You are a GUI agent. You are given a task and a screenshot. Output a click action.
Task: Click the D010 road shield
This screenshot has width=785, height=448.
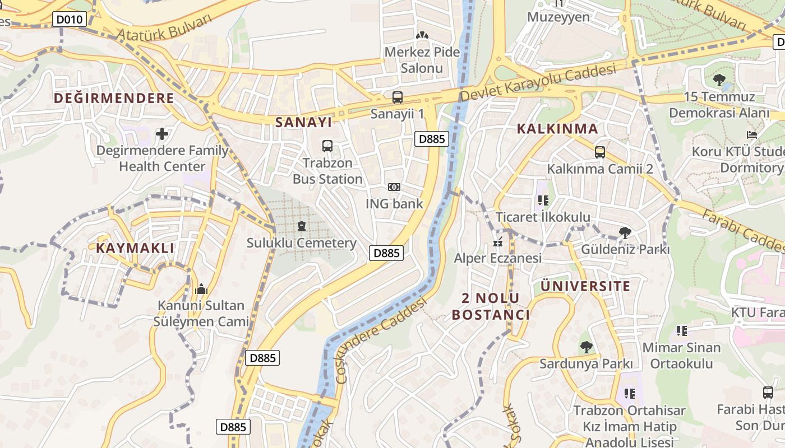pos(70,20)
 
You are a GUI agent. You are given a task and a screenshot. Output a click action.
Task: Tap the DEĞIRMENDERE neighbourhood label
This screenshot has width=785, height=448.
pos(114,99)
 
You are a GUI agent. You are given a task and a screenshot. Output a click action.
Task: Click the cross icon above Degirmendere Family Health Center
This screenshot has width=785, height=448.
pos(162,134)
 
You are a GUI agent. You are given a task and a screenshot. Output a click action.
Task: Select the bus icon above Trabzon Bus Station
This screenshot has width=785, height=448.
pos(327,146)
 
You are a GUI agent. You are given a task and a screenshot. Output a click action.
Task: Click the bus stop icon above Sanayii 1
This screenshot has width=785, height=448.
pos(397,97)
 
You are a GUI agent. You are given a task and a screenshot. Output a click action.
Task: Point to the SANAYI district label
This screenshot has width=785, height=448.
pos(303,122)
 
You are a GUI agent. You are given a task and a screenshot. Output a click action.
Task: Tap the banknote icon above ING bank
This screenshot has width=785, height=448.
pos(394,187)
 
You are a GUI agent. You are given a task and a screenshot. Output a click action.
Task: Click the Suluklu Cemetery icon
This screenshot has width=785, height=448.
pos(302,226)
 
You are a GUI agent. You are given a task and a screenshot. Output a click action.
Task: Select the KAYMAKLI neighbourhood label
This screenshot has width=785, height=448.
pos(135,248)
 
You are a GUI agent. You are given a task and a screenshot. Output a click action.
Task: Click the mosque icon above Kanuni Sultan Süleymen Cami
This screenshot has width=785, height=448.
pos(201,289)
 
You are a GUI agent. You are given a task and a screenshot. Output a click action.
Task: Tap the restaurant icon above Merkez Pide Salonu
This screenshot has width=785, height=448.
pos(422,35)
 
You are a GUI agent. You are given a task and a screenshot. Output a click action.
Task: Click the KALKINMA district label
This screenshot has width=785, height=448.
pos(557,129)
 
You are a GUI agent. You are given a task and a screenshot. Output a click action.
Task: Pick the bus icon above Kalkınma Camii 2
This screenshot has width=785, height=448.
pos(600,152)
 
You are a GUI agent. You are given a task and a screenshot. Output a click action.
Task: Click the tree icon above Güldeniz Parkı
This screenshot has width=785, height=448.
pos(625,232)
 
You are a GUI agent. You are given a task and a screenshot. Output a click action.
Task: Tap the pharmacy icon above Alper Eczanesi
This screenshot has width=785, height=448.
pos(497,242)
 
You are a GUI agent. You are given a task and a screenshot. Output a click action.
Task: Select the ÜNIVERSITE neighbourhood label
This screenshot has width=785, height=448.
pos(585,286)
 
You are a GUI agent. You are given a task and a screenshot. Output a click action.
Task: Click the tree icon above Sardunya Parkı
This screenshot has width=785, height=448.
pos(586,347)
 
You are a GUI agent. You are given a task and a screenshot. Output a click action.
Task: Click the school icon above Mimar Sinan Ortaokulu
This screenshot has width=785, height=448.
pos(681,331)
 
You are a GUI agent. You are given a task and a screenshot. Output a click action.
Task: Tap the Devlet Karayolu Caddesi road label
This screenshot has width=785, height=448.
pos(537,83)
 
